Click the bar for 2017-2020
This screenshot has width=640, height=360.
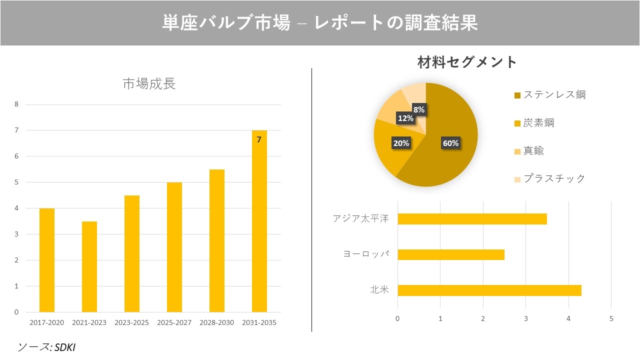47,260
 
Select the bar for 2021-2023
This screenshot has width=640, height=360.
89,266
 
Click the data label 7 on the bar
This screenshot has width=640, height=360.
259,140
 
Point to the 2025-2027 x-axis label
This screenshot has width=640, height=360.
174,322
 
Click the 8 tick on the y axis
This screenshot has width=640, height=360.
17,104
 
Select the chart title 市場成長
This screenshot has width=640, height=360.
149,83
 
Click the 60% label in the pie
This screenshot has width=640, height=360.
450,143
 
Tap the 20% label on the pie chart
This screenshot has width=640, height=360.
401,143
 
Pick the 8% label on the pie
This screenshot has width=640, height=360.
419,109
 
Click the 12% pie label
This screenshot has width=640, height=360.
405,118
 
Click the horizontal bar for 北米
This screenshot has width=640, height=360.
489,290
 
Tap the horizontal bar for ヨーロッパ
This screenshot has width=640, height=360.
451,254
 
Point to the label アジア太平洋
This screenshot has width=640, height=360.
360,219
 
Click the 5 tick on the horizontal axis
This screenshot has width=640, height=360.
611,318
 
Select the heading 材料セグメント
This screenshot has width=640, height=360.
467,62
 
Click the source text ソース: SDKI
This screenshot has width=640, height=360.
46,346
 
